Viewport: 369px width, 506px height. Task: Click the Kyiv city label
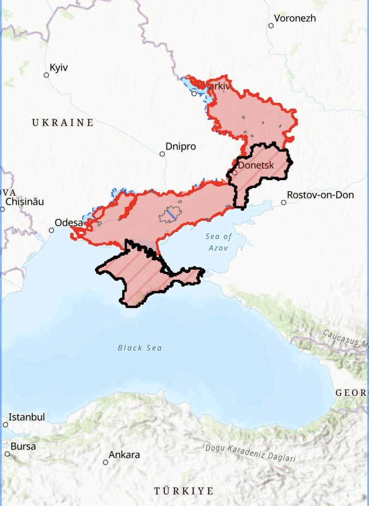[x=59, y=68]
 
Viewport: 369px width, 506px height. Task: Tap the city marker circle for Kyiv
[x=46, y=75]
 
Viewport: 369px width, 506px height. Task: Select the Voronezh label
[x=295, y=18]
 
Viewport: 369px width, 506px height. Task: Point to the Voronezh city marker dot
[x=271, y=25]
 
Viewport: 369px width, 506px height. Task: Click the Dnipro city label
[x=180, y=146]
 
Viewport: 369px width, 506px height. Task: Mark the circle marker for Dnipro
[x=162, y=154]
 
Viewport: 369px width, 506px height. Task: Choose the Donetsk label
[x=256, y=165]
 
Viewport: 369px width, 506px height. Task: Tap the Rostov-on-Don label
[x=320, y=194]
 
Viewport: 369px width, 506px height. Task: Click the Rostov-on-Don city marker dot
[x=284, y=202]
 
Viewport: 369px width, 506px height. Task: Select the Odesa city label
[x=69, y=223]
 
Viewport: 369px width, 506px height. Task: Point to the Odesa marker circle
[x=51, y=230]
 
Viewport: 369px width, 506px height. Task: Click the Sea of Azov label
[x=219, y=242]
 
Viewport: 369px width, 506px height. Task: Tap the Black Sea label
[x=140, y=348]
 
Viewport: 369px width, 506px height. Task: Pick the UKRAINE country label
[x=63, y=123]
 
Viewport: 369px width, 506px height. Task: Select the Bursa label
[x=23, y=446]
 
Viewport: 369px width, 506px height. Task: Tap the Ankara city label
[x=124, y=455]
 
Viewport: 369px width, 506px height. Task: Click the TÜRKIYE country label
[x=183, y=491]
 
